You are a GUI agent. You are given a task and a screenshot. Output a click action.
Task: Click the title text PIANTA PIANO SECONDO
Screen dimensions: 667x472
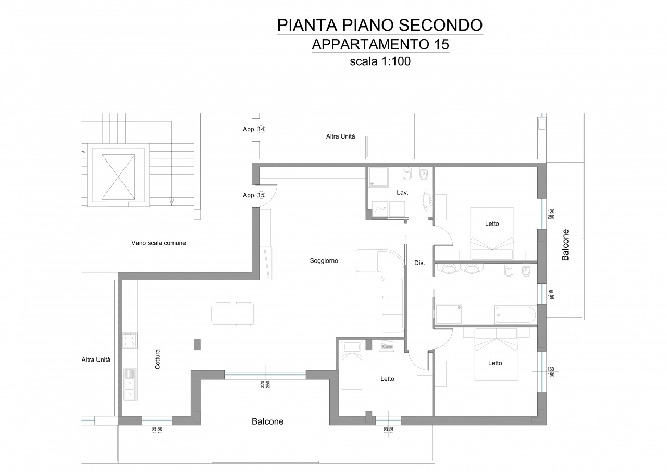(380, 25)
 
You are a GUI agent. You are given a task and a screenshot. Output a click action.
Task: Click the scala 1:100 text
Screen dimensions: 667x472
(380, 61)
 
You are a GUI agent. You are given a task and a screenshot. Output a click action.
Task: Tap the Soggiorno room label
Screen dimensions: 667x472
(324, 260)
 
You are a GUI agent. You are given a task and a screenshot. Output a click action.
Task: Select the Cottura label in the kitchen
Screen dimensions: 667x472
(157, 359)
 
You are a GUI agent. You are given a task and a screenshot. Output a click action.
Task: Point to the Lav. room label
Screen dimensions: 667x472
(402, 193)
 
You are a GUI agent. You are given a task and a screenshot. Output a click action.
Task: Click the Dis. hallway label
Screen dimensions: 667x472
(419, 263)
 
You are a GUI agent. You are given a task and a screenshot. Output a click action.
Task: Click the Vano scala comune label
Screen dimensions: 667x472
(159, 243)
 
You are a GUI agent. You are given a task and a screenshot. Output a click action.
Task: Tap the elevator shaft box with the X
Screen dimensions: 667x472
(118, 177)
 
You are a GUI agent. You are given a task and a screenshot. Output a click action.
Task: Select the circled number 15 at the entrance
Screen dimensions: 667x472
(261, 195)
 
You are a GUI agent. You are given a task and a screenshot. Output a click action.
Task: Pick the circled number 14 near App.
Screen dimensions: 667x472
(261, 129)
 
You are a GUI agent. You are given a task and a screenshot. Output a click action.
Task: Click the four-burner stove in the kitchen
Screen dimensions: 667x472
(130, 340)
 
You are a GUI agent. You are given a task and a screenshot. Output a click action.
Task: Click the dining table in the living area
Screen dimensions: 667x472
(233, 314)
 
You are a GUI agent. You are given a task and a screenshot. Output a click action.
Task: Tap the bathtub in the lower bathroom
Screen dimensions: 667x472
(515, 315)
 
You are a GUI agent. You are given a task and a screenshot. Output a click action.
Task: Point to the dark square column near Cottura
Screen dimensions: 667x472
(197, 344)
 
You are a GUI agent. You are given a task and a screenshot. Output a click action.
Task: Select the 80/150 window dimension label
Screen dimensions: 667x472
(551, 294)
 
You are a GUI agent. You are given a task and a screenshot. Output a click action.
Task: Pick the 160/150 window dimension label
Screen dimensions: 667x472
(551, 372)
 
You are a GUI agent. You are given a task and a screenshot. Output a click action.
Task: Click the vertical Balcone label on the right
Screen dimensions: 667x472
(565, 245)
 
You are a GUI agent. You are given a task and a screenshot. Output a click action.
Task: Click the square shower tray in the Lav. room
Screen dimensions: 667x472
(378, 177)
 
